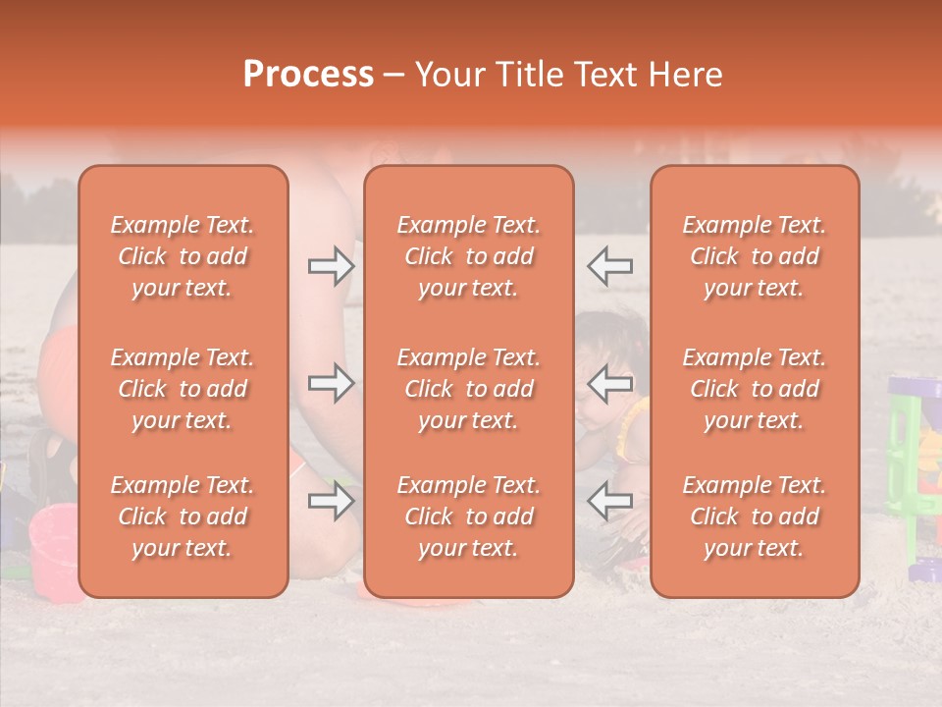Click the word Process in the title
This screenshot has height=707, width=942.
308,75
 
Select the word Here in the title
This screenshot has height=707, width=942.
685,75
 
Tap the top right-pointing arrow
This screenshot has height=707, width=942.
332,266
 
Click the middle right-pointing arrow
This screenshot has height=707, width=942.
332,384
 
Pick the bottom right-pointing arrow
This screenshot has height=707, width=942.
332,502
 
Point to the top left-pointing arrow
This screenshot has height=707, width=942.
609,266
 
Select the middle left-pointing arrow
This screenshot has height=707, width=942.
609,384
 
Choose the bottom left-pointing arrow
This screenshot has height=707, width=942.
609,502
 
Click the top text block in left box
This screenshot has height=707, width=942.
183,256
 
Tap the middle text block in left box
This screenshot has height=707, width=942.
183,389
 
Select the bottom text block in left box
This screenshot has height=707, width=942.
183,517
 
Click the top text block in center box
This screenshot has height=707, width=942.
469,256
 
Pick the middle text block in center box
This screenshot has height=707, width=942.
469,389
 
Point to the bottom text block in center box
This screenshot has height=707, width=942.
469,517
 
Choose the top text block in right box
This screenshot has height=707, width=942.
755,256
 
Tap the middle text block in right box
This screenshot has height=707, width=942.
755,389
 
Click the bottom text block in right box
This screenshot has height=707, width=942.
755,517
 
